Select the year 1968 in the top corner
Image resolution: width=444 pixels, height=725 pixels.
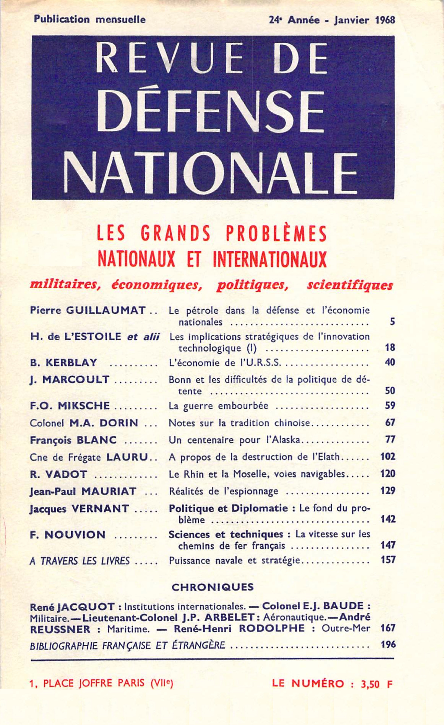coord(385,20)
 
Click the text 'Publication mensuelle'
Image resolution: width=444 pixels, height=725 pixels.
coord(90,19)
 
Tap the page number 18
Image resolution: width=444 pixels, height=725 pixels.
coord(390,348)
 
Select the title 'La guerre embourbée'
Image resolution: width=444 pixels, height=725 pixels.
coord(219,406)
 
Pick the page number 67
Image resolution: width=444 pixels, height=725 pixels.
coord(390,423)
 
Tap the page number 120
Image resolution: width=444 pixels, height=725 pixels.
coord(388,474)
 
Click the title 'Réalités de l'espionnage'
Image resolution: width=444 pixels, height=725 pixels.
coord(223,491)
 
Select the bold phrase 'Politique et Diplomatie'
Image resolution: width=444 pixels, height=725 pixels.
coord(228,508)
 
